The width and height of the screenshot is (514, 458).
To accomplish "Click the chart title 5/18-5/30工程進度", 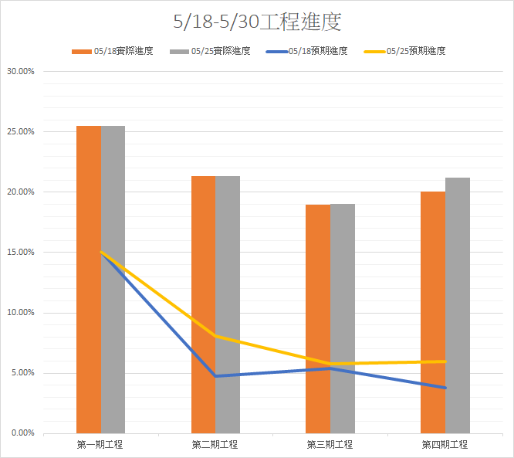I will tap(257, 22).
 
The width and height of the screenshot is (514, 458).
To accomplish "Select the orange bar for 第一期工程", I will tap(89, 278).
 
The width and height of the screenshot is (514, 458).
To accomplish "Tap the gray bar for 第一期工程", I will tap(113, 278).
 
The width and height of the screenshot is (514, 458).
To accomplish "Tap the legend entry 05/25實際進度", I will tap(220, 51).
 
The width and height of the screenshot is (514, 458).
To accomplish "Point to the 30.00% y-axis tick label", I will tap(20, 72).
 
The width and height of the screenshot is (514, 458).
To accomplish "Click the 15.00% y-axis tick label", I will tap(20, 253).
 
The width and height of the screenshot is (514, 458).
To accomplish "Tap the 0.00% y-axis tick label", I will tap(22, 433).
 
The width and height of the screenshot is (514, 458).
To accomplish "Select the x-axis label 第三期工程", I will tap(330, 445).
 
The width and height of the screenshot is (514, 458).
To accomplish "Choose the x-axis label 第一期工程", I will tap(100, 445).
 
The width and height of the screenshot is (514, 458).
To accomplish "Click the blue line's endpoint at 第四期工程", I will tap(445, 388).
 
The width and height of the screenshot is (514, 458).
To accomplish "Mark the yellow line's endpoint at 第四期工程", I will tap(445, 361).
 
